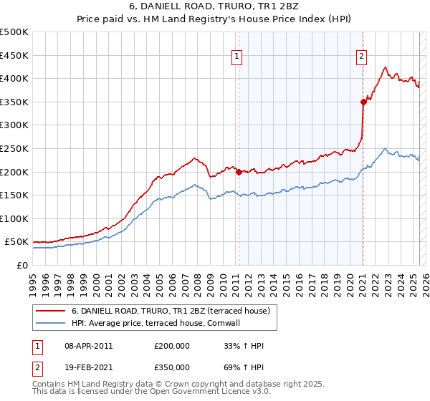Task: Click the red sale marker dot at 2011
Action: pos(239,171)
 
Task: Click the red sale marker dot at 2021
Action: pos(363,102)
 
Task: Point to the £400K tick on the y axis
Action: pos(14,78)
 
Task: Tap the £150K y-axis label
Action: pos(14,195)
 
